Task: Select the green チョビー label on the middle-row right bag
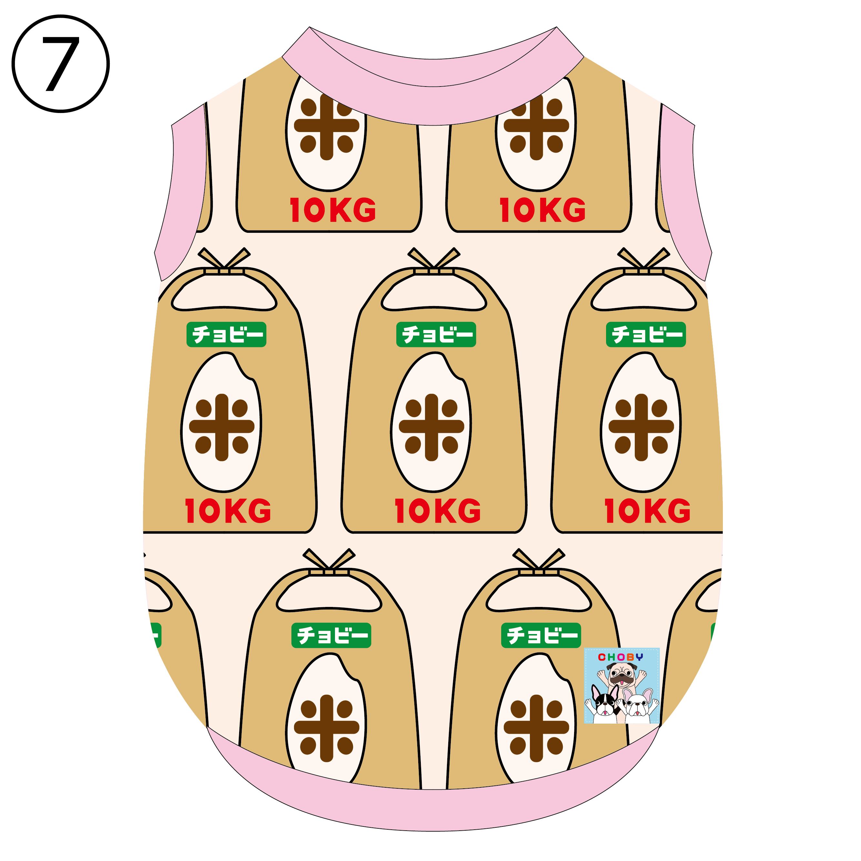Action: click(646, 334)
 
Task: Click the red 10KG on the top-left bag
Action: click(333, 210)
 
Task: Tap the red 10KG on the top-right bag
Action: click(542, 210)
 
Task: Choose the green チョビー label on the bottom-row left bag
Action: click(331, 635)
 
